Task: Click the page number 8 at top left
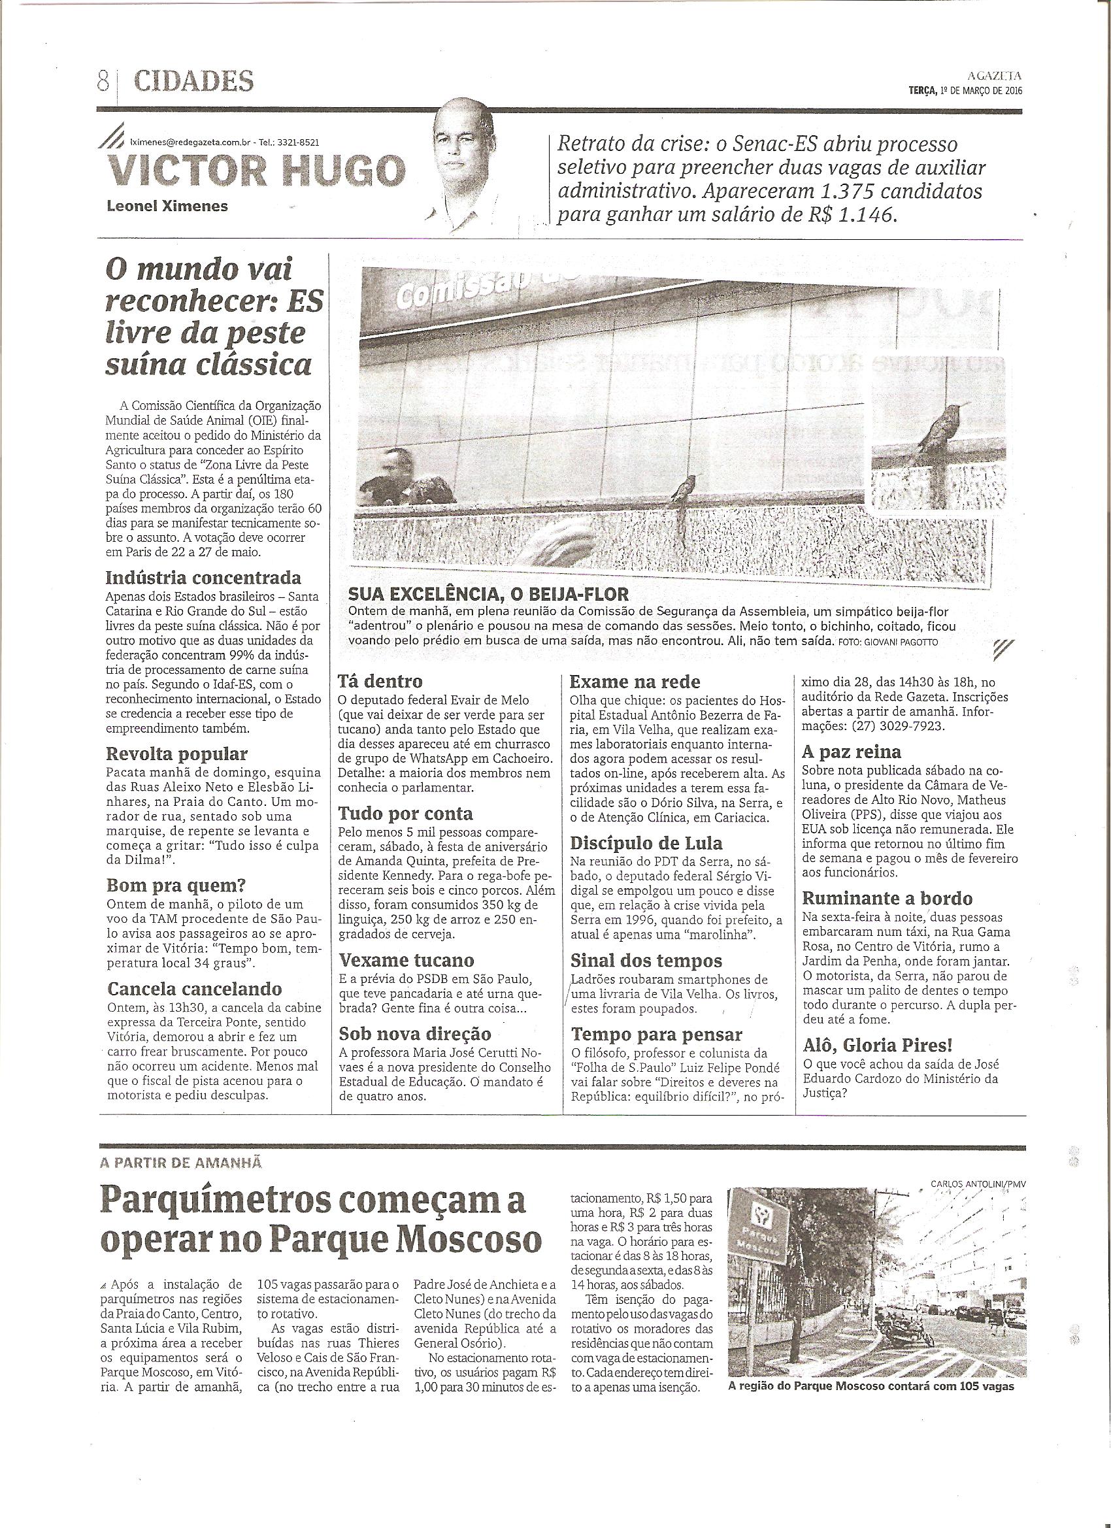point(103,82)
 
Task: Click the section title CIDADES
point(193,82)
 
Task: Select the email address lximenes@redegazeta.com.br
point(190,143)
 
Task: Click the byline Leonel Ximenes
point(168,206)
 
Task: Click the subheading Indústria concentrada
point(203,578)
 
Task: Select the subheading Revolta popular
point(177,754)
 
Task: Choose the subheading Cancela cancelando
point(195,989)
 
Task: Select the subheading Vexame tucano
point(406,960)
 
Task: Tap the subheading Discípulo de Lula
point(646,844)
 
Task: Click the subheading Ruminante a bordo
point(887,899)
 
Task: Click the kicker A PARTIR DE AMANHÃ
point(180,1163)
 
